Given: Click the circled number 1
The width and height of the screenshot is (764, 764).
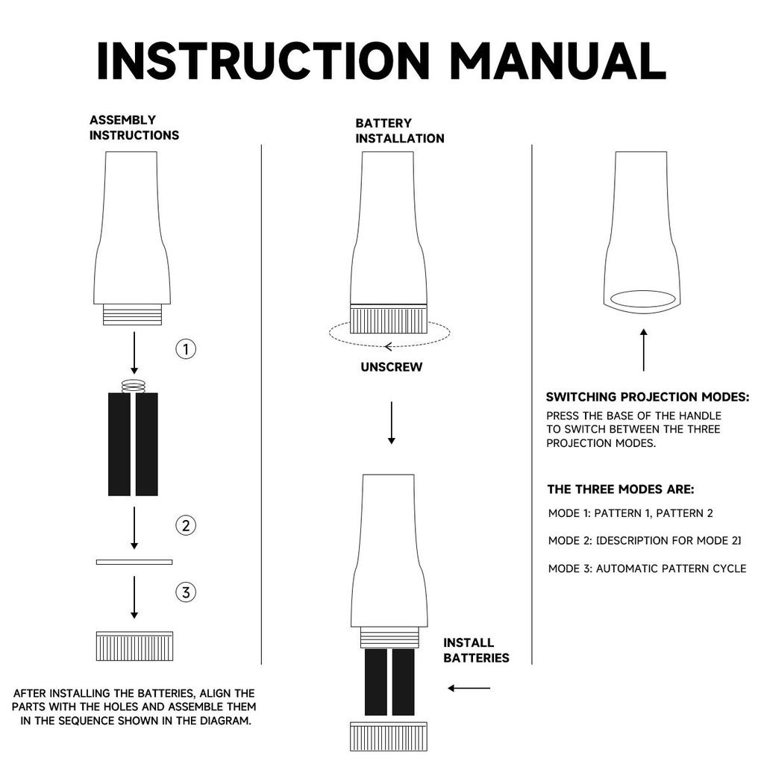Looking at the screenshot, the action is [186, 349].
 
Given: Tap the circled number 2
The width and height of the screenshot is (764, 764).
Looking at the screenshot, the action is [186, 525].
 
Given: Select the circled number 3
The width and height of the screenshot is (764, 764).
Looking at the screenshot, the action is [186, 592].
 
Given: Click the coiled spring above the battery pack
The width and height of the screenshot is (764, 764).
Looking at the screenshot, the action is [134, 386].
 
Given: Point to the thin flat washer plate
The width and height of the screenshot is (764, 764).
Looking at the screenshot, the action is [134, 562].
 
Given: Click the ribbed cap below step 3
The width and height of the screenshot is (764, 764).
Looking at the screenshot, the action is [134, 646].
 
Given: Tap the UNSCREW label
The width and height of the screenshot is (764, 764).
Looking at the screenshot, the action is [391, 367].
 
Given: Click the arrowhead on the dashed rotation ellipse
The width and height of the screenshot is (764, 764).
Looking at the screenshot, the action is [388, 346].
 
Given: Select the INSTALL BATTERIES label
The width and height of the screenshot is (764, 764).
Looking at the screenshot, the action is [476, 650].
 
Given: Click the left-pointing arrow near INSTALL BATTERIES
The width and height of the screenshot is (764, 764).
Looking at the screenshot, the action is [469, 688].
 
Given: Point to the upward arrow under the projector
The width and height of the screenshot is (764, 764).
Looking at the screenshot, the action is [644, 350].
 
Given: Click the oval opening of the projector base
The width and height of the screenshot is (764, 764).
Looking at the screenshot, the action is [642, 298].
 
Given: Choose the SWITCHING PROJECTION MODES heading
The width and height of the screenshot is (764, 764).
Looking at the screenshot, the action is [648, 397].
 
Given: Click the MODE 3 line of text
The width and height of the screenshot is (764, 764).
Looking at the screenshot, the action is [647, 568].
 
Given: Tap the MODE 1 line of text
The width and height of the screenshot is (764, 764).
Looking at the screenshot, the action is [630, 513].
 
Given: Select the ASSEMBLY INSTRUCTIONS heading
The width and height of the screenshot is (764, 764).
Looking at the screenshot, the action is [134, 127].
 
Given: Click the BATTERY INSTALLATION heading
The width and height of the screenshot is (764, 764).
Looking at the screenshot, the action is [400, 131].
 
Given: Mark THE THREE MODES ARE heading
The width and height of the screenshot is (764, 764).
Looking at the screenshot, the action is [621, 489].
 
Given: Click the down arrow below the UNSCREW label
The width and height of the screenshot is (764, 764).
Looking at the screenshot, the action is [391, 423].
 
